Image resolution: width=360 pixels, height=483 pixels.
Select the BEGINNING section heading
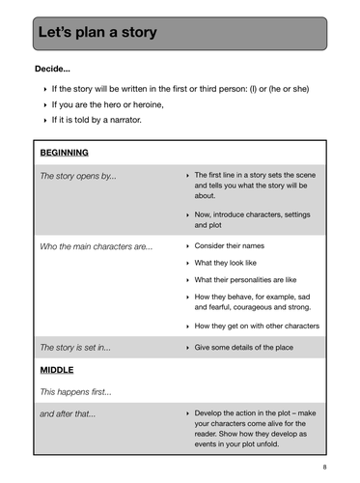pos(65,153)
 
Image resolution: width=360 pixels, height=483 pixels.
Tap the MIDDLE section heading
pos(57,370)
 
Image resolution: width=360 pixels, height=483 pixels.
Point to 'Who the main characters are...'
pos(96,246)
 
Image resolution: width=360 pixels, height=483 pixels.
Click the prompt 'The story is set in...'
pos(79,347)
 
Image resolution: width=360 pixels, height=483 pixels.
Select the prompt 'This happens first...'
pos(75,392)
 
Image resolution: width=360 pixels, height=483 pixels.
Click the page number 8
pos(324,467)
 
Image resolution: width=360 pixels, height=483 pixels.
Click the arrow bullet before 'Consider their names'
pos(186,246)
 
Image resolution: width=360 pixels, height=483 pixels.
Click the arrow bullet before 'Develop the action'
pos(186,413)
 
